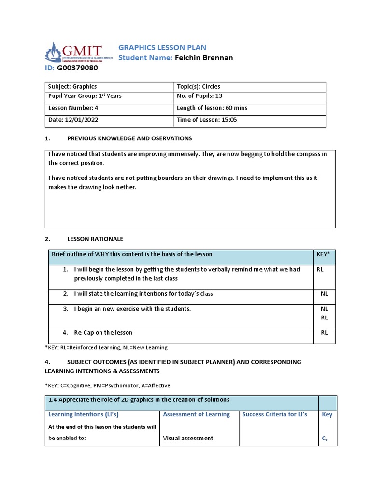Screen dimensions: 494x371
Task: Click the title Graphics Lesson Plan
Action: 162,47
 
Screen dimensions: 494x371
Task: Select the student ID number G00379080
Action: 77,68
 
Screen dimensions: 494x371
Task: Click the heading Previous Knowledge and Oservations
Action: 129,139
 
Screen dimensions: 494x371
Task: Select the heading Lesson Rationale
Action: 95,239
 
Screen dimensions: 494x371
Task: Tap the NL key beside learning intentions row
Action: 324,293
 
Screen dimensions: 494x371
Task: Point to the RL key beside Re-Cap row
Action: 324,333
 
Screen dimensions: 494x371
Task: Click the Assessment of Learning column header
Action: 196,414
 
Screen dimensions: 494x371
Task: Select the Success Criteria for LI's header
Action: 274,414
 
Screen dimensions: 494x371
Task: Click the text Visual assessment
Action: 188,438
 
